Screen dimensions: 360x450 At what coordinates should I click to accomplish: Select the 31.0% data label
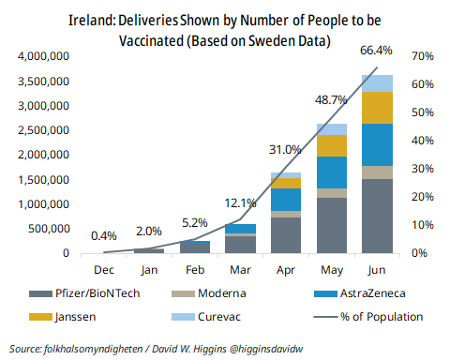pyautogui.click(x=285, y=149)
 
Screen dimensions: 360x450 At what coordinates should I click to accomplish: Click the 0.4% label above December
pyautogui.click(x=105, y=235)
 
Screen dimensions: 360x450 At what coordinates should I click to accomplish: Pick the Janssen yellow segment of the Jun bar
pyautogui.click(x=376, y=107)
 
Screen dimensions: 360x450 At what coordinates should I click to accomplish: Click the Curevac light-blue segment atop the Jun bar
pyautogui.click(x=376, y=82)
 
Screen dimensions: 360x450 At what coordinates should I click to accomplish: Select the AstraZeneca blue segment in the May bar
pyautogui.click(x=331, y=172)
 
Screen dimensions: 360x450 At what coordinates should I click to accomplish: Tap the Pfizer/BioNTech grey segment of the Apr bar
pyautogui.click(x=286, y=234)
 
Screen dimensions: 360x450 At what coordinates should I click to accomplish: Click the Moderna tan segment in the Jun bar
pyautogui.click(x=376, y=172)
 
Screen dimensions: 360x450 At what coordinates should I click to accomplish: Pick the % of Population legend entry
pyautogui.click(x=374, y=316)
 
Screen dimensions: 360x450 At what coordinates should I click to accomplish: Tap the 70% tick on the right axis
pyautogui.click(x=420, y=57)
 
